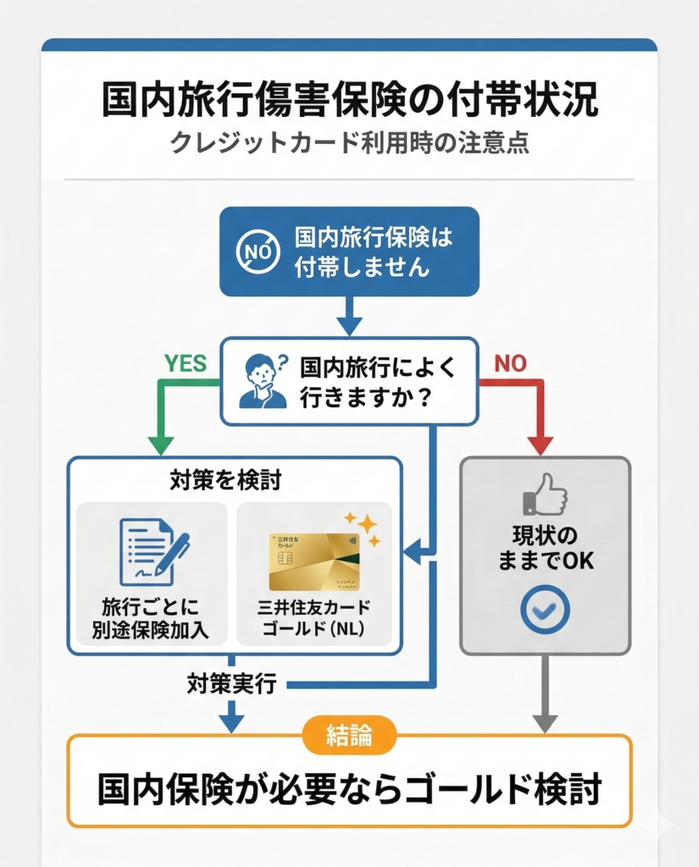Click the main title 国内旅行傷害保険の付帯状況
pyautogui.click(x=349, y=100)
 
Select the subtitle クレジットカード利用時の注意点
pyautogui.click(x=349, y=141)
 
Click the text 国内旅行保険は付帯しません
pyautogui.click(x=373, y=252)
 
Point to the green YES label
pyautogui.click(x=186, y=363)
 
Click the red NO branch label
pyautogui.click(x=510, y=363)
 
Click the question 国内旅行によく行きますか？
pyautogui.click(x=378, y=383)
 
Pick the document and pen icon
pyautogui.click(x=153, y=550)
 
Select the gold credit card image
pyautogui.click(x=314, y=561)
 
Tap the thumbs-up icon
pyautogui.click(x=545, y=494)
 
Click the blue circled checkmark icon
pyautogui.click(x=545, y=610)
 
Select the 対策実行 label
pyautogui.click(x=231, y=684)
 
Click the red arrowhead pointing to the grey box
pyautogui.click(x=541, y=445)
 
